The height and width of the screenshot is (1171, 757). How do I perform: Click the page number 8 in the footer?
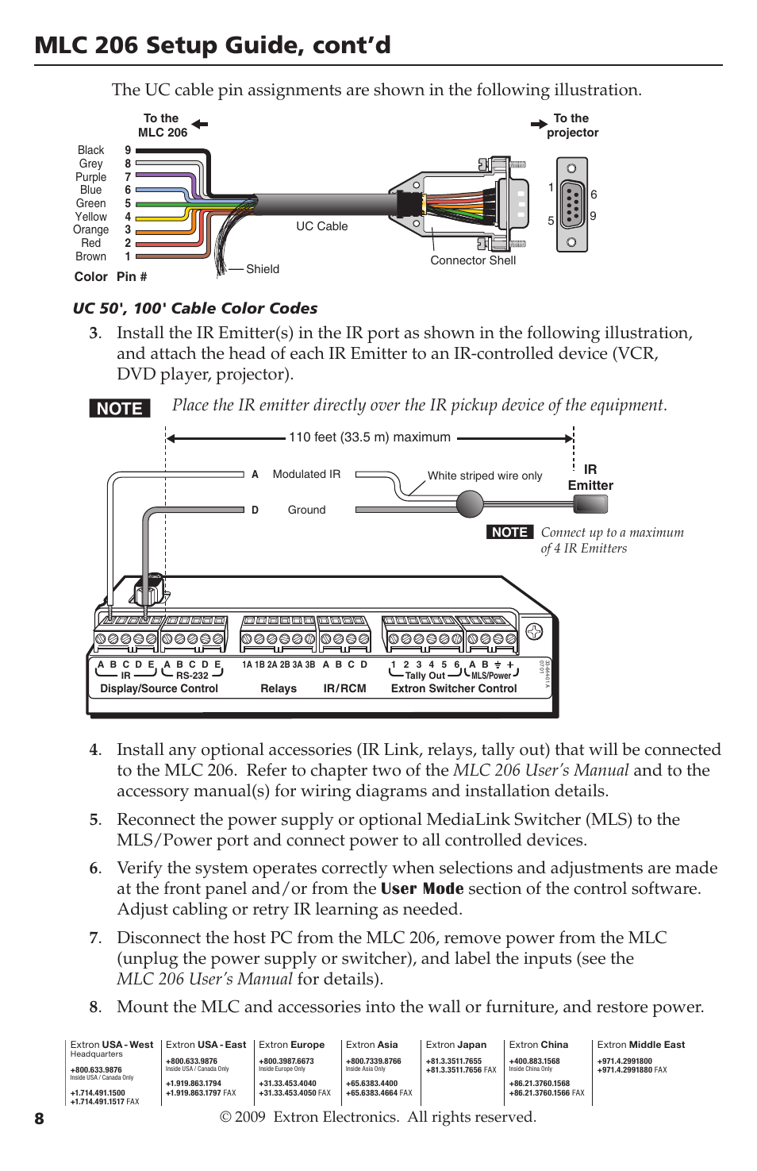click(x=40, y=1119)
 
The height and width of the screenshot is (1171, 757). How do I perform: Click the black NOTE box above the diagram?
click(x=120, y=408)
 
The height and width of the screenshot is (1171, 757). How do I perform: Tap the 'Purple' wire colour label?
click(x=91, y=177)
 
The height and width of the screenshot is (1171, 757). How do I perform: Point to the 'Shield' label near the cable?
click(x=263, y=269)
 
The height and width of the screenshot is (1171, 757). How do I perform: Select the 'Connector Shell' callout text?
click(x=473, y=260)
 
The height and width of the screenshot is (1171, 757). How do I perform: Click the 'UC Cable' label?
click(x=322, y=226)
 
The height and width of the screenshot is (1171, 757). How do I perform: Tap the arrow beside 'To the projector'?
click(x=539, y=124)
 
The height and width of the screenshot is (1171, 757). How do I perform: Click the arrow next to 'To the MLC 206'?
click(x=200, y=124)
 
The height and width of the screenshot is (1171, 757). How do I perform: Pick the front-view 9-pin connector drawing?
click(x=572, y=205)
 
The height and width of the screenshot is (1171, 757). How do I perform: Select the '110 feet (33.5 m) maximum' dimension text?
click(x=370, y=437)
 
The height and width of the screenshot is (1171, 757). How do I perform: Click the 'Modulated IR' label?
click(x=306, y=474)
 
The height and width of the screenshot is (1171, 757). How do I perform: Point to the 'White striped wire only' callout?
click(x=485, y=476)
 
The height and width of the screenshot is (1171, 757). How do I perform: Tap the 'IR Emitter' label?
click(x=590, y=477)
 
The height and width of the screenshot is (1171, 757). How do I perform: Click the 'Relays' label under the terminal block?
click(x=279, y=688)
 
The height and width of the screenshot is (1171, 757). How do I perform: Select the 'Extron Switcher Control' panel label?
click(x=454, y=688)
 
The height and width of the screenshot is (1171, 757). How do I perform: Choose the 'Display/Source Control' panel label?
click(x=159, y=688)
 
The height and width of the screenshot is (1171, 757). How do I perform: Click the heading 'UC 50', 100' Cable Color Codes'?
click(x=195, y=308)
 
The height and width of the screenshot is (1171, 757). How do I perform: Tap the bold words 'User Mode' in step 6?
click(x=422, y=888)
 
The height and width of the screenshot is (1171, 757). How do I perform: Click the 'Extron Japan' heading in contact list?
click(x=456, y=1045)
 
